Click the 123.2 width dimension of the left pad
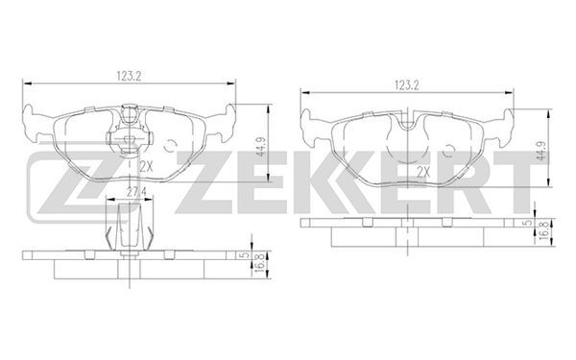click(x=130, y=77)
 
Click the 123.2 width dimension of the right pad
click(x=407, y=86)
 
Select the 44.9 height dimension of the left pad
click(x=261, y=146)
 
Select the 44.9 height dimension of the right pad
click(x=540, y=152)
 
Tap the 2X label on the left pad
click(x=146, y=167)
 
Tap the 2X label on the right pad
click(x=423, y=172)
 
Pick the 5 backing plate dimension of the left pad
click(x=247, y=255)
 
